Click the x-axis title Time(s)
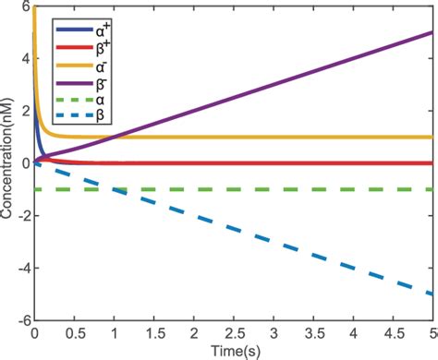(x=233, y=352)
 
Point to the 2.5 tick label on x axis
(x=233, y=332)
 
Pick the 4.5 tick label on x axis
(x=392, y=332)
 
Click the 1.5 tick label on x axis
(x=153, y=332)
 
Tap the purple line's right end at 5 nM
(x=431, y=32)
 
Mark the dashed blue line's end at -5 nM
(x=431, y=294)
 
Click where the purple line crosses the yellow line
(x=111, y=138)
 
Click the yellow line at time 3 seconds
(x=273, y=138)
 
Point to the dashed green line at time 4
(x=352, y=189)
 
